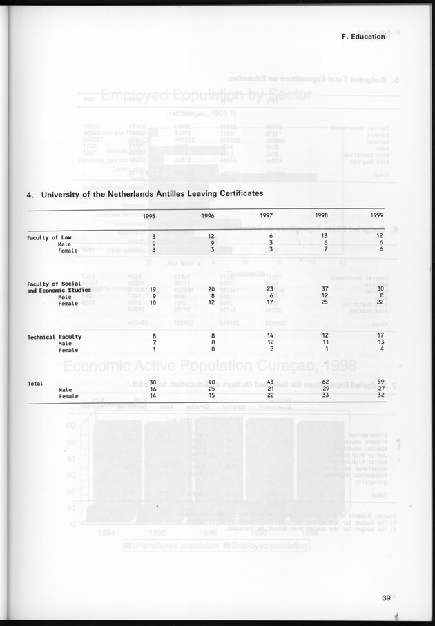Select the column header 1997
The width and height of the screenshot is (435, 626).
267,215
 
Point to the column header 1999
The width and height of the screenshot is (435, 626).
377,215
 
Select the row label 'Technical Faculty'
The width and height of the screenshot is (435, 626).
55,336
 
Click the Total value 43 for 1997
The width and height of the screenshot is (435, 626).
270,382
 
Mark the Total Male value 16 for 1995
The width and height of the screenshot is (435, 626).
153,389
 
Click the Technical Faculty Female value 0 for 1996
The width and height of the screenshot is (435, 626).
214,349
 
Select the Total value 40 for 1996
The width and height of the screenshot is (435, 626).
212,382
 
